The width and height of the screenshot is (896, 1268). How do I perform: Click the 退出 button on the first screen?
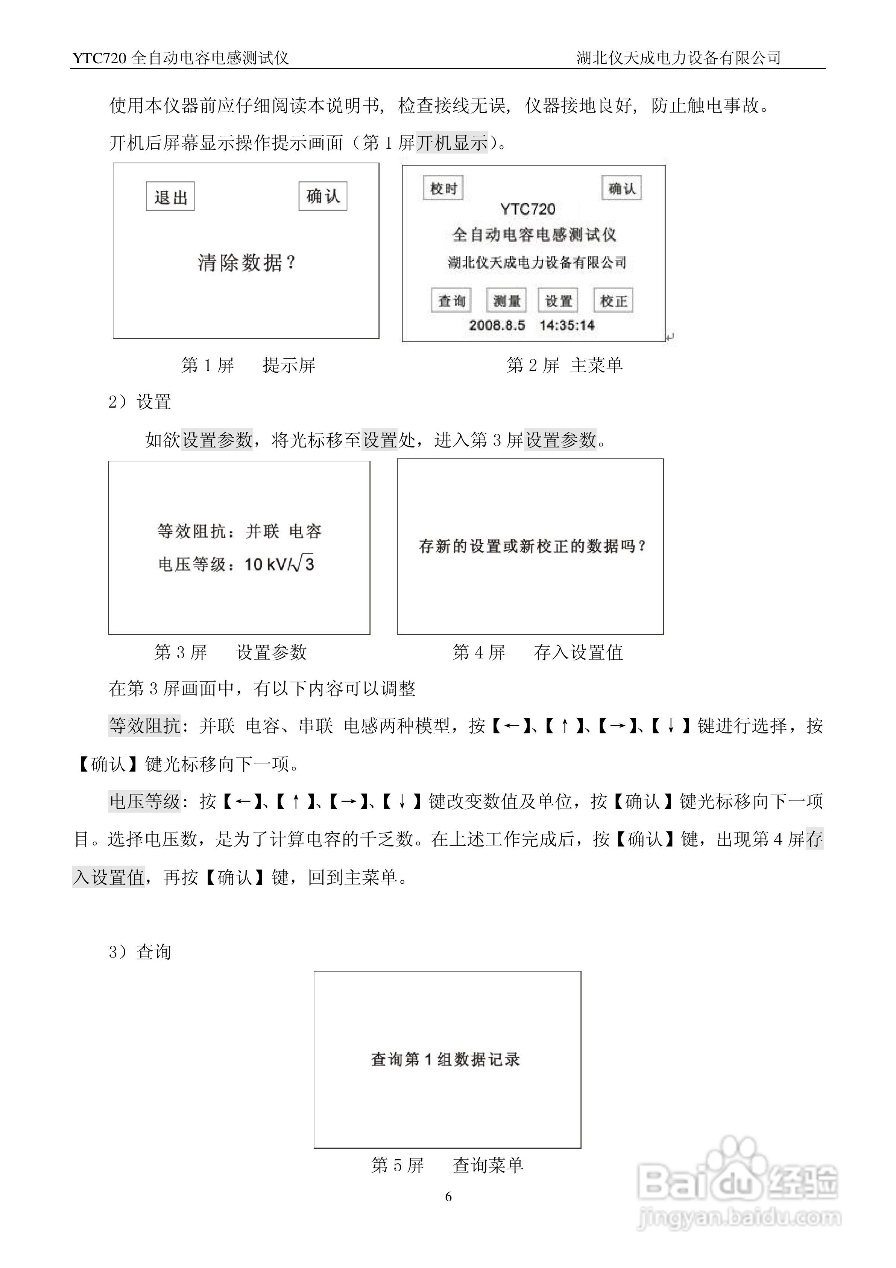170,196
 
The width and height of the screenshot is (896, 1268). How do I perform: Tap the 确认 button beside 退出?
323,196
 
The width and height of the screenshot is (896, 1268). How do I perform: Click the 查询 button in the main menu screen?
451,301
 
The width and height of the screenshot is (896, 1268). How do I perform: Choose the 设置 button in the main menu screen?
558,301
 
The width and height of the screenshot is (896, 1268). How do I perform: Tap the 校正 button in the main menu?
614,301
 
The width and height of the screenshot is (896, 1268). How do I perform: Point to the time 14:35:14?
567,325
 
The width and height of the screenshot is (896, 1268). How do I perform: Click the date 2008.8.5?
497,325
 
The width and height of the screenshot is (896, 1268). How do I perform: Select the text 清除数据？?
247,263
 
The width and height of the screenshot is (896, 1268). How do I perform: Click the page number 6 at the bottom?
448,1197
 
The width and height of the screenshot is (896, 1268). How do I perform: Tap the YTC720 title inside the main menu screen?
528,209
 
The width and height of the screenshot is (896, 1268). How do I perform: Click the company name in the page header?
679,58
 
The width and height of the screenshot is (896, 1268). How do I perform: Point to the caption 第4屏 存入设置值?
537,653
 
